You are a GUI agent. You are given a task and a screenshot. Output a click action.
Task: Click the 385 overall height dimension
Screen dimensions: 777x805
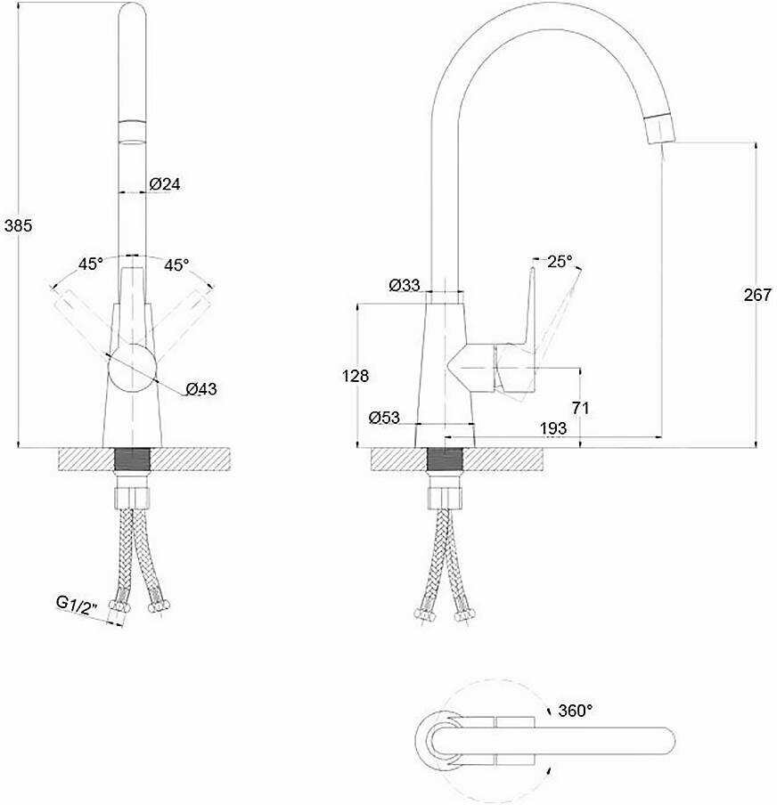18,226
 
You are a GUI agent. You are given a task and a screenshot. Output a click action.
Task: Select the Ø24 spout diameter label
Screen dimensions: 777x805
166,184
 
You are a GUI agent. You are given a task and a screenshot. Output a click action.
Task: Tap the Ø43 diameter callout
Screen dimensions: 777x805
201,388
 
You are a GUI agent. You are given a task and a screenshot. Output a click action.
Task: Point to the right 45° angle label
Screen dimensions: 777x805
176,264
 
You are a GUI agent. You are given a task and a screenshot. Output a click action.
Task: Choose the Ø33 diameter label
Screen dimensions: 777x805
405,286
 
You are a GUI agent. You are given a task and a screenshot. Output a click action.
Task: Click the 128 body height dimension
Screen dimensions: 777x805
356,377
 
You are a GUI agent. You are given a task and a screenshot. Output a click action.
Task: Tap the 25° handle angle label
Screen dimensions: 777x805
560,262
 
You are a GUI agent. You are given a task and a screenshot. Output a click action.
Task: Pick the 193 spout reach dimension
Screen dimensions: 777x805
553,429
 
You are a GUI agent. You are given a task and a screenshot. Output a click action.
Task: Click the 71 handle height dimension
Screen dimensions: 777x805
581,408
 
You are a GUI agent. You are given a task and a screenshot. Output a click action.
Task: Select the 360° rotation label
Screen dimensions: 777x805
576,711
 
